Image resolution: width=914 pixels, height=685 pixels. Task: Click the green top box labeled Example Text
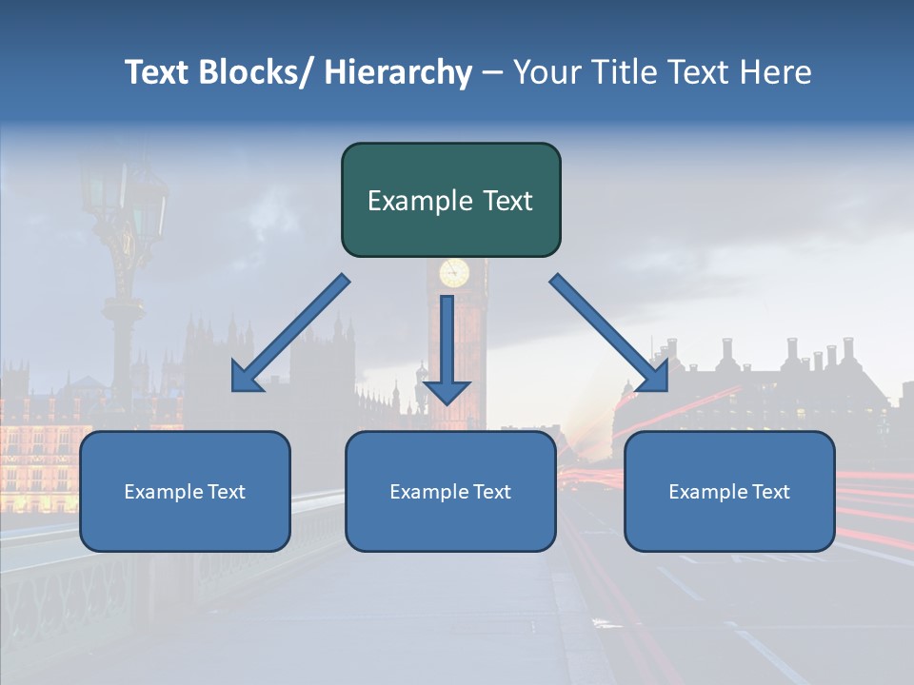coord(450,200)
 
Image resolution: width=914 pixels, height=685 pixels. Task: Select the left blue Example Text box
coord(185,491)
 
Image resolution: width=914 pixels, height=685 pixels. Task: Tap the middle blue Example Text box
coord(450,491)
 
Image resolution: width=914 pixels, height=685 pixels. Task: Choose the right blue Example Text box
coord(729,491)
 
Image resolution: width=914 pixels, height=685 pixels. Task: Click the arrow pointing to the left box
coord(290,333)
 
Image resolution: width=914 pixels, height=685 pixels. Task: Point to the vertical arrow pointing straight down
coord(447,347)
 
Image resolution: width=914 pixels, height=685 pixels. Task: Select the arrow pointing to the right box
coord(609,333)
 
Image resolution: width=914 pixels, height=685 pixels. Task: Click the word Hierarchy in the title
coord(398,72)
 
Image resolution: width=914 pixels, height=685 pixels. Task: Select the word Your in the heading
coord(543,72)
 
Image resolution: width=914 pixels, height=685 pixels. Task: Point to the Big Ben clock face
coord(454,273)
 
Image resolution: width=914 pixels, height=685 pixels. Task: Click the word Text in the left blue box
coord(227,492)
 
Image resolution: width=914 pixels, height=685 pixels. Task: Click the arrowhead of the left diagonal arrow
coord(246,378)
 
